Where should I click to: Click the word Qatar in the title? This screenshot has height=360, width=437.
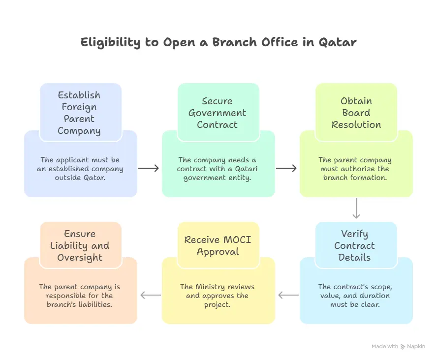(337, 42)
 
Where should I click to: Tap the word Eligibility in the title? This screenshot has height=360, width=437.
(111, 42)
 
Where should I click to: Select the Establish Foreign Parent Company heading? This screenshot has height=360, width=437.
(79, 113)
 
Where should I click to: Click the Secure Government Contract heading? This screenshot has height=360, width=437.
(218, 113)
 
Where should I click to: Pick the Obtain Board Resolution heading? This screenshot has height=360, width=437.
(356, 113)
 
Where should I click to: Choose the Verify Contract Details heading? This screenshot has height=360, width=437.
(354, 245)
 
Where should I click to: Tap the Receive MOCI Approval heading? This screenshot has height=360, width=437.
(218, 245)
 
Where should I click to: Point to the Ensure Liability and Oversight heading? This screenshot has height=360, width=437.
(79, 245)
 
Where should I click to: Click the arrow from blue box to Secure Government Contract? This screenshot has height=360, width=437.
(149, 169)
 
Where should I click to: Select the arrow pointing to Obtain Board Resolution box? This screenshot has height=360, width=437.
(286, 169)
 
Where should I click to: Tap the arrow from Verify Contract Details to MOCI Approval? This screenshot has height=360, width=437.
(288, 296)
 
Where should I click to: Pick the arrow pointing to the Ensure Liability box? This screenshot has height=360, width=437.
(151, 296)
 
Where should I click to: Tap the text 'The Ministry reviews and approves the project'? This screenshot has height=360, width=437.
(218, 296)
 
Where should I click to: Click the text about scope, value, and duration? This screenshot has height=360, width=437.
(354, 296)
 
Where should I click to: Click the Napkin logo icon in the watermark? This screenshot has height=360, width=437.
(403, 346)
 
